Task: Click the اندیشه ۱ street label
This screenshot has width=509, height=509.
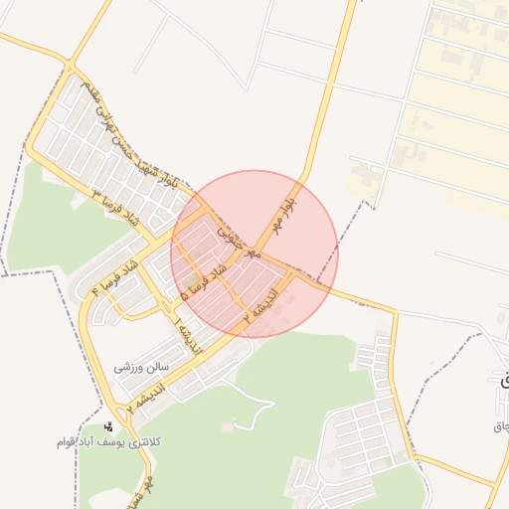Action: click(x=185, y=336)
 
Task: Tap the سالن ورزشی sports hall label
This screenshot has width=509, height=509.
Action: click(x=142, y=367)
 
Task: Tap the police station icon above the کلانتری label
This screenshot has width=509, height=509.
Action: click(x=108, y=426)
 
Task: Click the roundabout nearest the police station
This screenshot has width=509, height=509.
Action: click(x=123, y=408)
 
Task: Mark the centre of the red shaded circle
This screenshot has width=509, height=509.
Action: click(x=254, y=254)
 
